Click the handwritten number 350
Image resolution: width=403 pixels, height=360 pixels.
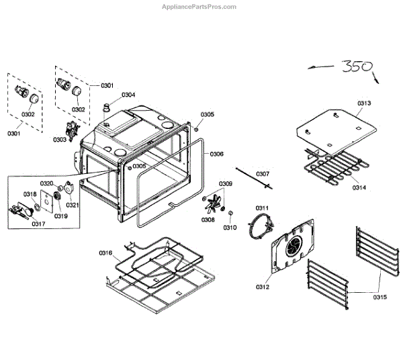pyautogui.click(x=357, y=67)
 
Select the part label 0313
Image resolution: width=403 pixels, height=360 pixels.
pyautogui.click(x=364, y=103)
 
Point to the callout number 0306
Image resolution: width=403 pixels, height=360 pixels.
pyautogui.click(x=216, y=154)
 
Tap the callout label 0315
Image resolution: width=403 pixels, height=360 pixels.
pyautogui.click(x=380, y=296)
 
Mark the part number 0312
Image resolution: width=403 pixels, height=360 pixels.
pyautogui.click(x=262, y=287)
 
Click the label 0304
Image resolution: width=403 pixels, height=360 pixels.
pyautogui.click(x=128, y=95)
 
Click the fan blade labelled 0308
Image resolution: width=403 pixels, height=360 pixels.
pyautogui.click(x=215, y=201)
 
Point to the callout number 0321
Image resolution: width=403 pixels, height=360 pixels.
pyautogui.click(x=73, y=205)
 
